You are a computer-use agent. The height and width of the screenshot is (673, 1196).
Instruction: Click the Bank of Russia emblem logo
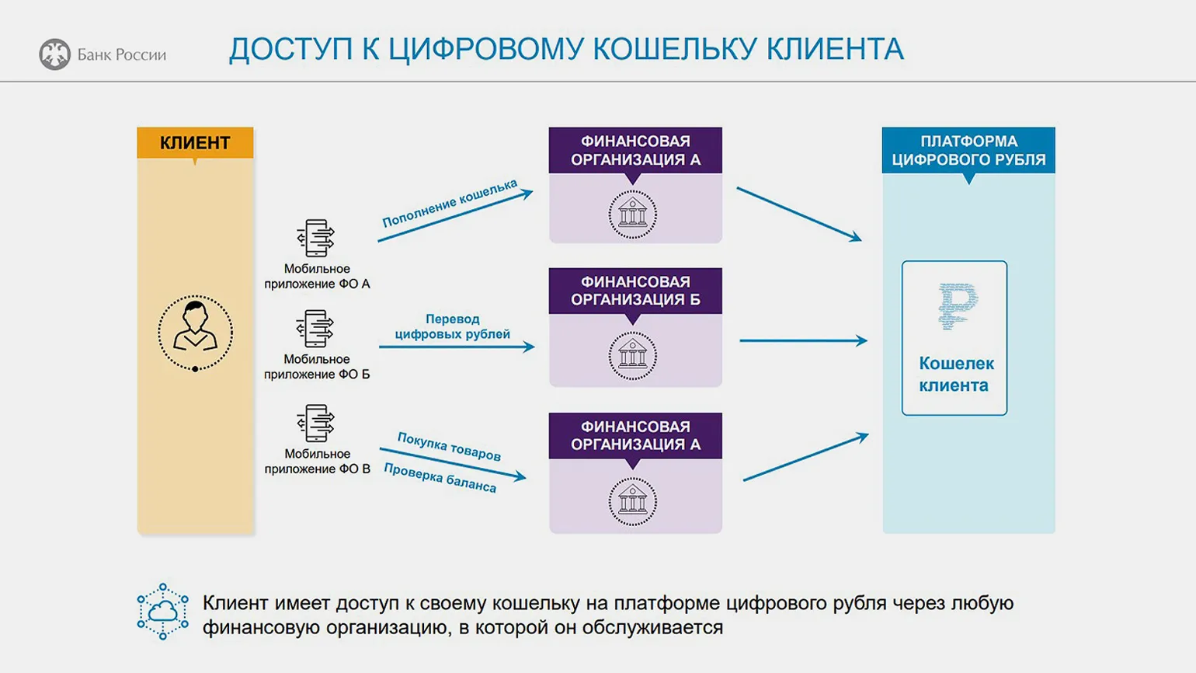(54, 54)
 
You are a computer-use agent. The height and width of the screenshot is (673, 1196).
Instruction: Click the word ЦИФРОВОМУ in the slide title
(484, 50)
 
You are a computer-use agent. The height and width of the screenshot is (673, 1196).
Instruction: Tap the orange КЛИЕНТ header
(195, 143)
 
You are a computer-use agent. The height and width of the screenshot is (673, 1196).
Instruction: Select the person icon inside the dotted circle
(195, 327)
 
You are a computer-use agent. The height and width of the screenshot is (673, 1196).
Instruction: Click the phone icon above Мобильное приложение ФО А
(316, 238)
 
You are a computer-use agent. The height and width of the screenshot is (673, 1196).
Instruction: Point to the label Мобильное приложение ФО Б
(317, 367)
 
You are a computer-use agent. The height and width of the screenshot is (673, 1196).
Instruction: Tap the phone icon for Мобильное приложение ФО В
(316, 424)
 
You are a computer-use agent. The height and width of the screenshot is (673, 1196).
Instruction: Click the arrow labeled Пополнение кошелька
(455, 215)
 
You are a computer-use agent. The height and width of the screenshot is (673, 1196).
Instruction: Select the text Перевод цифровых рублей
(453, 326)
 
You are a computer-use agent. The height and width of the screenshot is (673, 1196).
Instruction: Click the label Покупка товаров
(449, 446)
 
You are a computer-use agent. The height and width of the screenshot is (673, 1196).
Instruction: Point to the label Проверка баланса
(440, 478)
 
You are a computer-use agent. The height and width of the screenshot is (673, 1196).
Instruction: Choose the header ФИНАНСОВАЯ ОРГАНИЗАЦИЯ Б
(635, 291)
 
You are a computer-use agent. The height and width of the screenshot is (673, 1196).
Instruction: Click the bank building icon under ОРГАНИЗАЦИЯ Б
(633, 355)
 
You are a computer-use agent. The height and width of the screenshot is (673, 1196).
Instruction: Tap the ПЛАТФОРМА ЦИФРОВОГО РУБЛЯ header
(968, 151)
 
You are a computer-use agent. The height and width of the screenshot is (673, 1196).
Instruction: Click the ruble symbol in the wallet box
(956, 306)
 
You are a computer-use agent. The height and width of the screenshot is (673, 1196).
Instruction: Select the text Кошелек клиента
(955, 374)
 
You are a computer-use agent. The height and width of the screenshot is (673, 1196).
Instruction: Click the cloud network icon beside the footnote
(163, 612)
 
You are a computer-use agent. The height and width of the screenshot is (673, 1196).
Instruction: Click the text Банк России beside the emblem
(122, 55)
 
